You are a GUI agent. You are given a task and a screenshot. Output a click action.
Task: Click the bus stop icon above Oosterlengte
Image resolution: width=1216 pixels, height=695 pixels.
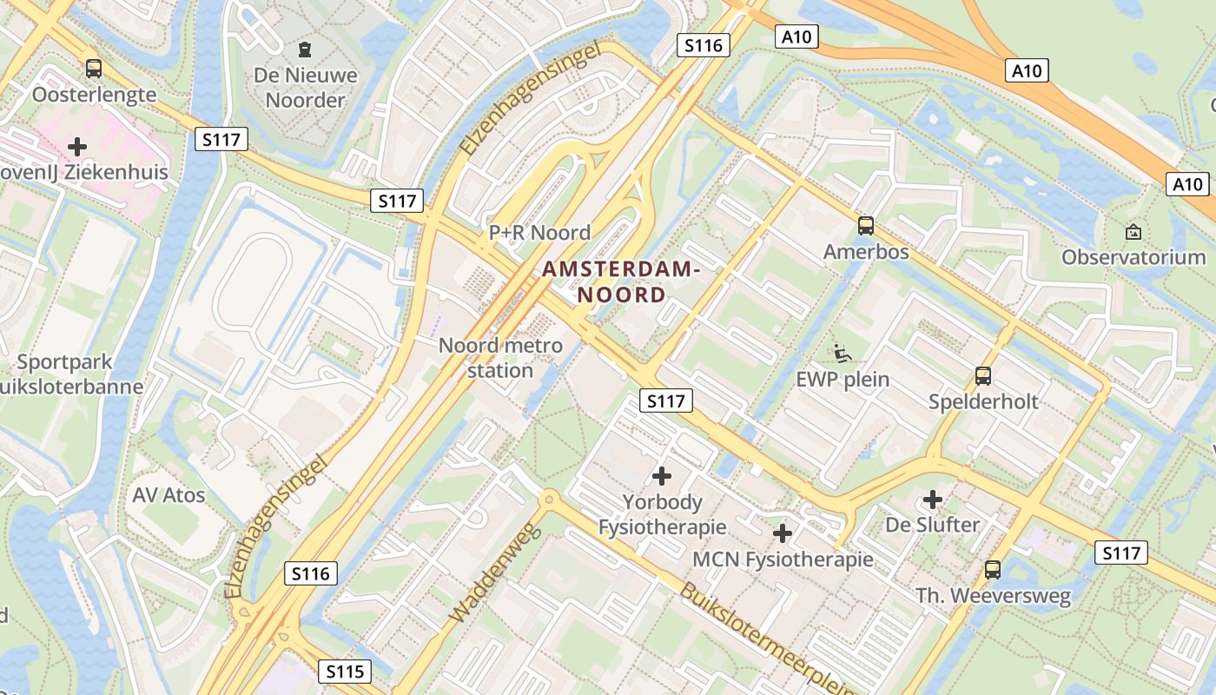tap(93, 68)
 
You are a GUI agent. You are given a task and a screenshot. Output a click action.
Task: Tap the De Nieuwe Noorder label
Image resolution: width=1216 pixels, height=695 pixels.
tap(305, 88)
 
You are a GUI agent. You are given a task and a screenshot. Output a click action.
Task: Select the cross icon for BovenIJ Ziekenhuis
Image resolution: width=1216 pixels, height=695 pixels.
tap(77, 146)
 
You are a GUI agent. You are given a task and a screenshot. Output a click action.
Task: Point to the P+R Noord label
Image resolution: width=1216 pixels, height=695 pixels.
tap(539, 233)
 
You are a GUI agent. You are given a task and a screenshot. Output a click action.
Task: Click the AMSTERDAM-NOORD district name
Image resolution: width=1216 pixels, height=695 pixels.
tap(621, 281)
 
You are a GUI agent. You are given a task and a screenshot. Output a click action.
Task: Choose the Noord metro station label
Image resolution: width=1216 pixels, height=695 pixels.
tap(500, 358)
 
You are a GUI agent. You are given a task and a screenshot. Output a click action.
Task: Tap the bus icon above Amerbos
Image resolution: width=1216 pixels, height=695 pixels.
tap(866, 226)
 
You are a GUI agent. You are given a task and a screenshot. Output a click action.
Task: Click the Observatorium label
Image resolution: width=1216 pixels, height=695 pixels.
tap(1133, 257)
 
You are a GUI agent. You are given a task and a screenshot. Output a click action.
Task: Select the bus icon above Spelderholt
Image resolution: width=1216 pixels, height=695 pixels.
tap(983, 376)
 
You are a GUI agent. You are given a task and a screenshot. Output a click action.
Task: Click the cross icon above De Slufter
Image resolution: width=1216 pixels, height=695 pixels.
tap(933, 500)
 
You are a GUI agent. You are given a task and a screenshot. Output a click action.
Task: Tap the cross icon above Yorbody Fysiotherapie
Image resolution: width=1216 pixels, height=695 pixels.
tap(662, 476)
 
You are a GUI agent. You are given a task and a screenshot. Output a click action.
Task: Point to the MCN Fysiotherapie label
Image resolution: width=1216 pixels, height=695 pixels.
tap(783, 559)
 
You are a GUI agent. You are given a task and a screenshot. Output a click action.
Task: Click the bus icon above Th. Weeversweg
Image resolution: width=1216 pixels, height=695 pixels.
tap(993, 570)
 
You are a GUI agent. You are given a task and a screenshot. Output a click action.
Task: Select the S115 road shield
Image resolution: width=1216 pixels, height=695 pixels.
tap(345, 672)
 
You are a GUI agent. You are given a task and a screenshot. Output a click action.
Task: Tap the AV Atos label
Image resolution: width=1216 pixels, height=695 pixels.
tap(169, 495)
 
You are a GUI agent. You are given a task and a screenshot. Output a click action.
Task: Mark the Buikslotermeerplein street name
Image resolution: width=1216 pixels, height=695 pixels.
tap(764, 639)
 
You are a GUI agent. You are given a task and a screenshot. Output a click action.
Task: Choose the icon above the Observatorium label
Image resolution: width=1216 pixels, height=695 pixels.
tap(1133, 232)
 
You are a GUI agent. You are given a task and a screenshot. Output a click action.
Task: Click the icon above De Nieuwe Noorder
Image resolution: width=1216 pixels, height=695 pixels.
tap(305, 50)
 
